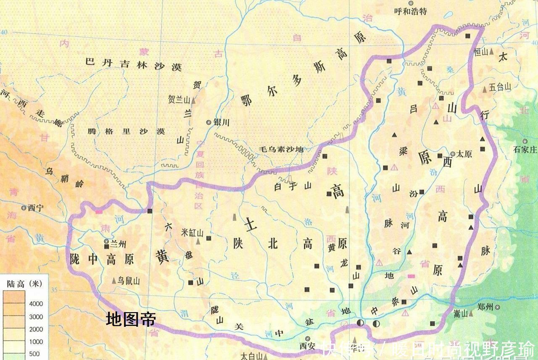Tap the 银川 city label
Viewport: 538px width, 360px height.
(x=222, y=122)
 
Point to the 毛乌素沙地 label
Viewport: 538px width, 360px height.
(x=281, y=149)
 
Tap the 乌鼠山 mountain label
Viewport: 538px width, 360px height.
(x=128, y=281)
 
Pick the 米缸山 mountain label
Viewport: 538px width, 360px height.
(x=192, y=232)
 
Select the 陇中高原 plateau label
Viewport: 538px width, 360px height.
(x=102, y=259)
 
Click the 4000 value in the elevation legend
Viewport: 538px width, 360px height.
(x=36, y=304)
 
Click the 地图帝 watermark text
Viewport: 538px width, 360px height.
(x=131, y=319)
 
